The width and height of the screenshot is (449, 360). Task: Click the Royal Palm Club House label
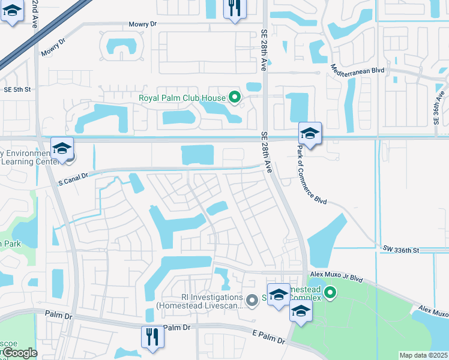click(182, 98)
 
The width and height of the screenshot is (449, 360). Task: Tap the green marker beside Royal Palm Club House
click(235, 97)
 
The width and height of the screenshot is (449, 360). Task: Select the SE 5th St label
click(17, 89)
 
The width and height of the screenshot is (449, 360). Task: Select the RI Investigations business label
click(200, 301)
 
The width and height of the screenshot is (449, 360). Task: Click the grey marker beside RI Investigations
click(253, 299)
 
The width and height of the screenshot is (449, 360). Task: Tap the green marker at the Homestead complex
click(330, 293)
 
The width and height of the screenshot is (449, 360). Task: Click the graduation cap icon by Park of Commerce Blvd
click(310, 133)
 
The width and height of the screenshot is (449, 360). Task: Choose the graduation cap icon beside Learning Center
click(62, 148)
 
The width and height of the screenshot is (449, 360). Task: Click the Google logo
click(18, 353)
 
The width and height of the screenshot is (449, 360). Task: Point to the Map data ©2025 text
click(423, 355)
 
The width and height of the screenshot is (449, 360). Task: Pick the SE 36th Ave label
click(441, 105)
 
